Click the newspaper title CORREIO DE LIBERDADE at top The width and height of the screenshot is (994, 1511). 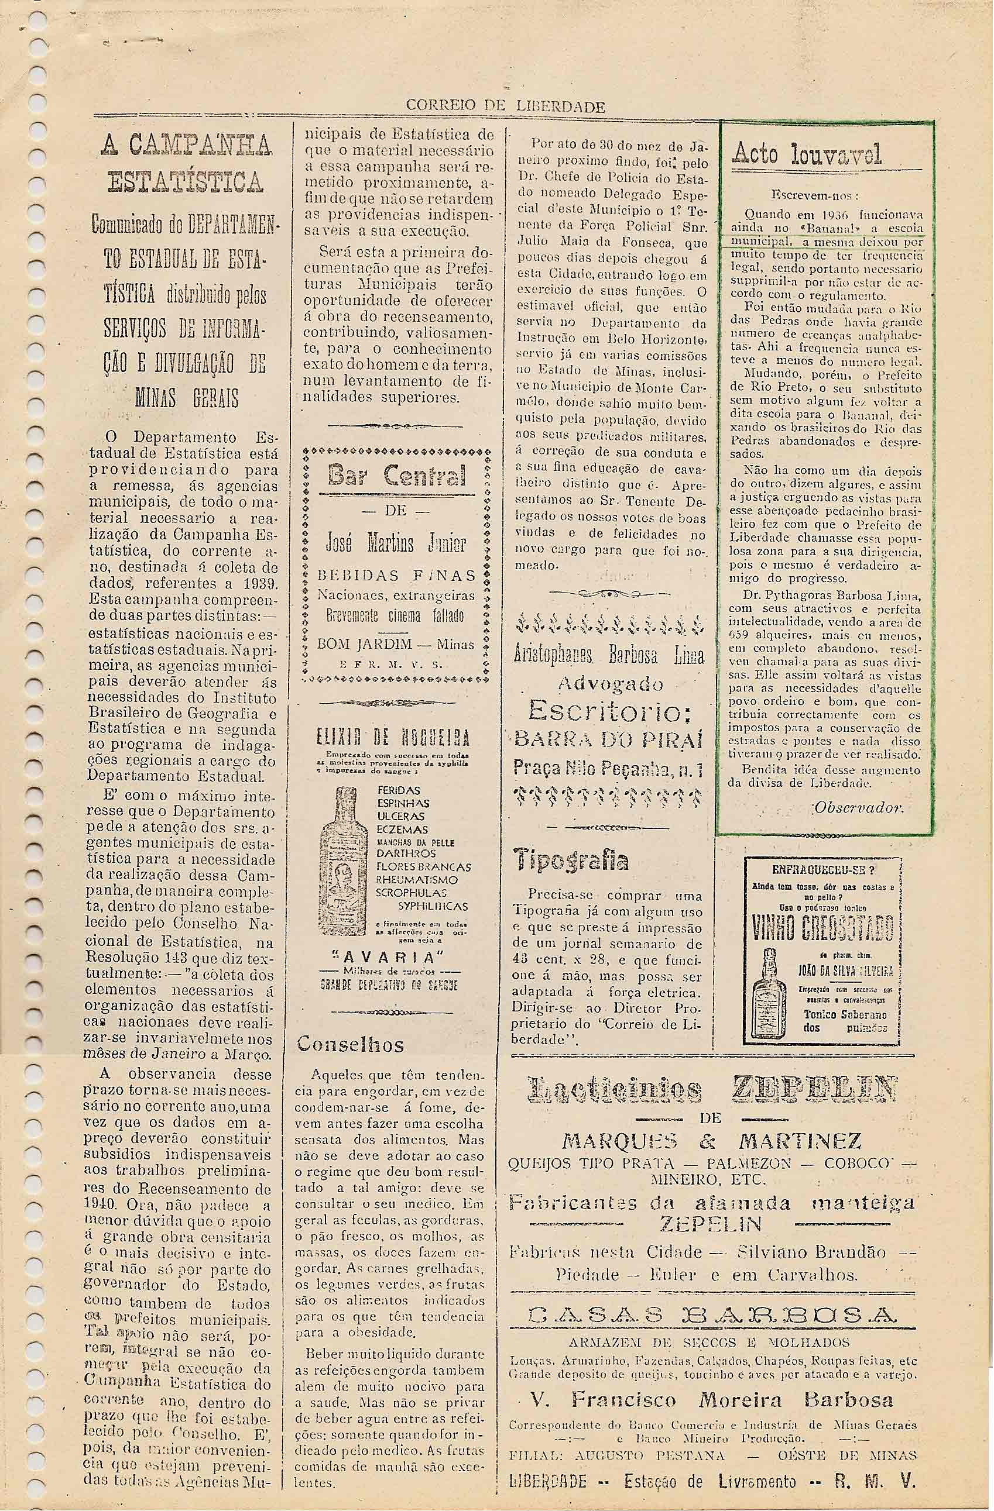click(505, 106)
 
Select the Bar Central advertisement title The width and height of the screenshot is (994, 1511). click(397, 477)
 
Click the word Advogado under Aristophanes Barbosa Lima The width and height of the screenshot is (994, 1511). click(610, 684)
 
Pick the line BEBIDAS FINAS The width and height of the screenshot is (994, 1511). click(397, 576)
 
